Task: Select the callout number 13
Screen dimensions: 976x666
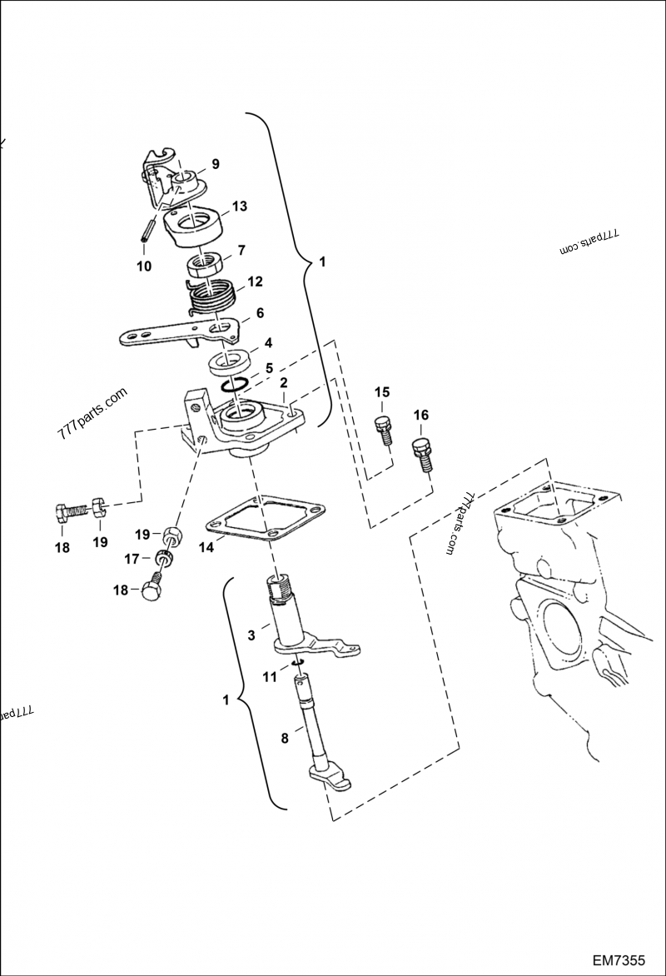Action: click(240, 205)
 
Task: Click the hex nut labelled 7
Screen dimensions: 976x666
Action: click(202, 266)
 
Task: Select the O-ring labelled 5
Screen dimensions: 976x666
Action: click(236, 383)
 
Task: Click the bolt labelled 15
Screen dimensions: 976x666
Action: click(384, 429)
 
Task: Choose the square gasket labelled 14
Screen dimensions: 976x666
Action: click(265, 520)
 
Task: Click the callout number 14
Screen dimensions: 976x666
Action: click(205, 548)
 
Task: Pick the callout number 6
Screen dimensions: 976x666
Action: click(261, 313)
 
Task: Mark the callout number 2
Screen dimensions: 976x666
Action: click(283, 383)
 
